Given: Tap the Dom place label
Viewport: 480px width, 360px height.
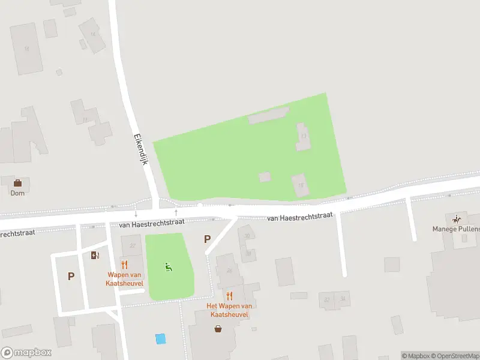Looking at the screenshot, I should (x=17, y=193).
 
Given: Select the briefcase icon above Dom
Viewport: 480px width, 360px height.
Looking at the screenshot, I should (x=17, y=182).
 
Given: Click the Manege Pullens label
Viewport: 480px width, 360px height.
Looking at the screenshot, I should (x=457, y=229).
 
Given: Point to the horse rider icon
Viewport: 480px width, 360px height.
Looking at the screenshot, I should (x=458, y=218).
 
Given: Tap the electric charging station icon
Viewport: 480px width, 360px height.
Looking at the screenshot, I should (x=95, y=255).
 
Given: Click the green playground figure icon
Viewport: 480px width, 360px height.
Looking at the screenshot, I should (x=169, y=267).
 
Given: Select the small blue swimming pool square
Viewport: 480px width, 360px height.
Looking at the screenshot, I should (x=160, y=338).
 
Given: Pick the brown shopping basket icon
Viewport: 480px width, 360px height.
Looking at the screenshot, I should (x=218, y=328).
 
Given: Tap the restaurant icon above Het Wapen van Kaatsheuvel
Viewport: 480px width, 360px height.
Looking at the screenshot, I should (x=229, y=296).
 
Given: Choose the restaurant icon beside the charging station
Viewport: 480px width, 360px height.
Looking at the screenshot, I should (x=125, y=265).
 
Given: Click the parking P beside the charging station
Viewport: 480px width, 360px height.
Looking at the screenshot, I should (x=71, y=277).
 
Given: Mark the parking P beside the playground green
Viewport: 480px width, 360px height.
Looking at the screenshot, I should (x=208, y=239).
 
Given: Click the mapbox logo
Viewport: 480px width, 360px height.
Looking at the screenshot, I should (x=26, y=352).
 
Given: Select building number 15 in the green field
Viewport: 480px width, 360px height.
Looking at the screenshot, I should (x=301, y=184).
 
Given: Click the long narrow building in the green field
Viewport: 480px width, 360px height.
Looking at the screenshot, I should (x=268, y=116).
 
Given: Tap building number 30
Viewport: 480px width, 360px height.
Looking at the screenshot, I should (x=247, y=236).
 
